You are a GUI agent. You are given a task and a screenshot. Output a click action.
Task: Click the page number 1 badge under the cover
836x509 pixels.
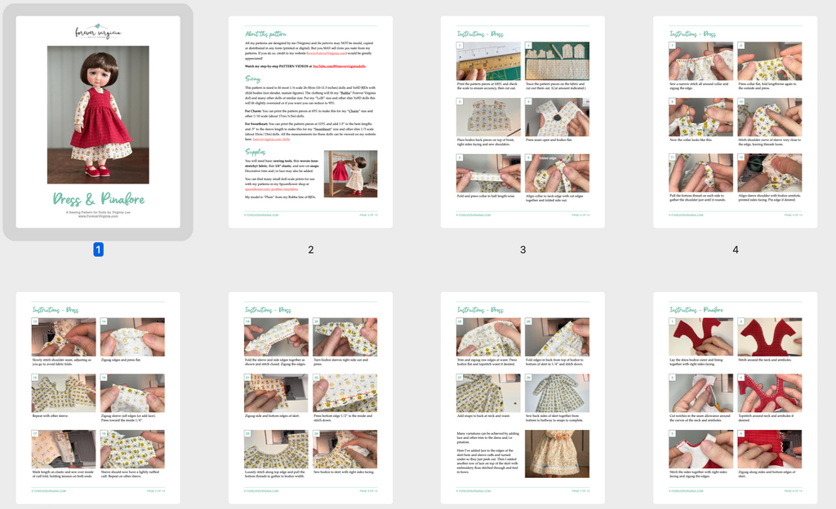(98, 250)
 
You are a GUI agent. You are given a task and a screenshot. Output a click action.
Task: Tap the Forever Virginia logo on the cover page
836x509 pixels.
(98, 33)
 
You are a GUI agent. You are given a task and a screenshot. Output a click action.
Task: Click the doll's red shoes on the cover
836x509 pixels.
(98, 172)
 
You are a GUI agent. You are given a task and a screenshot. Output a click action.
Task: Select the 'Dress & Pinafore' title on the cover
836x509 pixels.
(98, 198)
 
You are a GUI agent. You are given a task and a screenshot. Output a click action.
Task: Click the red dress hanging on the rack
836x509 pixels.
(339, 170)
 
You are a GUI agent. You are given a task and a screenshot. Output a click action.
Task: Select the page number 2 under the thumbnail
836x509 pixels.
(310, 250)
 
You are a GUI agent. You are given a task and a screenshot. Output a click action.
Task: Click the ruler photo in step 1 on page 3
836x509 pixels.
(488, 62)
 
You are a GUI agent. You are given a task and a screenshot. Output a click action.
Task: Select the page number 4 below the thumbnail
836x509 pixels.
(735, 250)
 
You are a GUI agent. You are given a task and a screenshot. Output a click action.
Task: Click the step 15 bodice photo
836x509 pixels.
(64, 394)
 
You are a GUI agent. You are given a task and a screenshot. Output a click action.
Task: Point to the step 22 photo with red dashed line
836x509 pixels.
(345, 394)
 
